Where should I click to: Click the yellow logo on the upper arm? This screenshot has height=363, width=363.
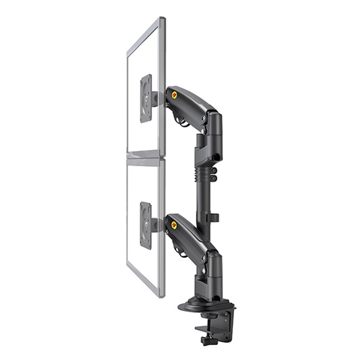174,95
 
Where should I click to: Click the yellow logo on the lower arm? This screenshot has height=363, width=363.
174,225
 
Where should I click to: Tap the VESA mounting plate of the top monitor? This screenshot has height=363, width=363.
147,99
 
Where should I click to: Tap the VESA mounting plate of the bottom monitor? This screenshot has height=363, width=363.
146,225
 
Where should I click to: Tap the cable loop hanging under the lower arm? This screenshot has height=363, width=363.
181,252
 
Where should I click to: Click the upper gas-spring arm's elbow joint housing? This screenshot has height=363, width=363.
213,124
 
